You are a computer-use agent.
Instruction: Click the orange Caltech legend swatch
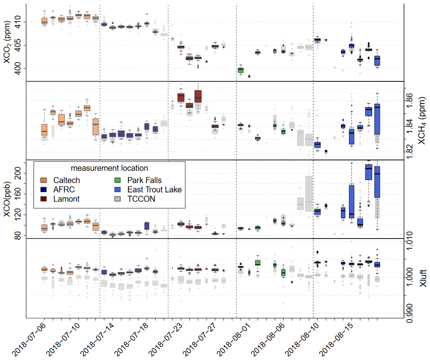coord(44,180)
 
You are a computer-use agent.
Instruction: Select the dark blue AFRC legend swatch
coord(44,190)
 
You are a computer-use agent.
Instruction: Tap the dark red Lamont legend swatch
coord(44,199)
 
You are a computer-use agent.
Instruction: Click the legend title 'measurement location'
coord(109,168)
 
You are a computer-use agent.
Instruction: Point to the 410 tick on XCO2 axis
coord(19,22)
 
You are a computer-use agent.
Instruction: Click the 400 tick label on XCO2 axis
coord(19,69)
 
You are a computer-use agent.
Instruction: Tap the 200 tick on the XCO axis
coord(19,173)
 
